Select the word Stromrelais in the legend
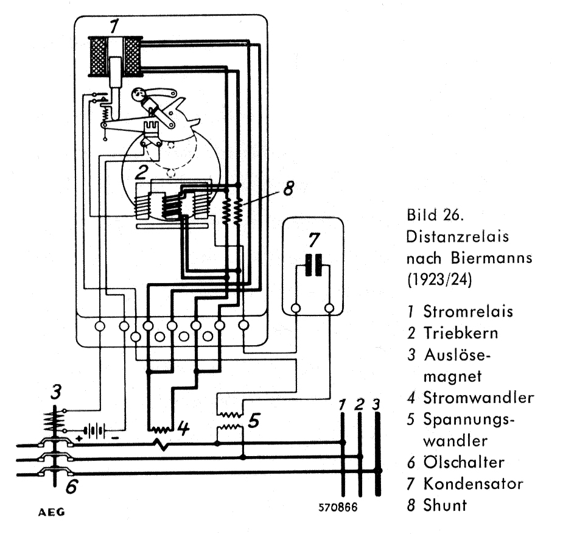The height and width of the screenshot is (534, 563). coord(468,311)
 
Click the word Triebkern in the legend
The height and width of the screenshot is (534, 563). coord(461,333)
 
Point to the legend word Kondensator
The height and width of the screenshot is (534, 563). coord(474,484)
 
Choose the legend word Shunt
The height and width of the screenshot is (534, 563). coord(446,505)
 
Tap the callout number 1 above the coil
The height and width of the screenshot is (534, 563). coord(114,26)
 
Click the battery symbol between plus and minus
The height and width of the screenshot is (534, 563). coord(91,430)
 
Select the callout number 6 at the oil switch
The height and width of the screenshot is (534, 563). coord(71,486)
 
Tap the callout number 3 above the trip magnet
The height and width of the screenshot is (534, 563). coord(55,393)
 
